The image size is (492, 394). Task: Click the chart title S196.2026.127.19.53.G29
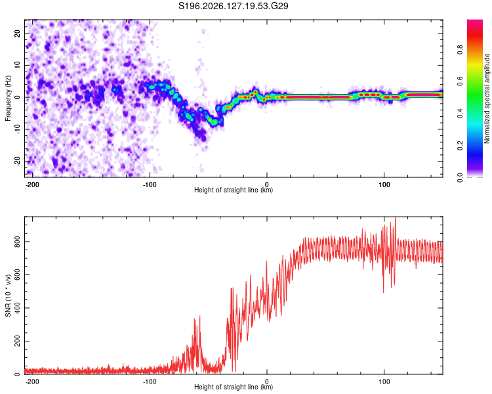pos(233,6)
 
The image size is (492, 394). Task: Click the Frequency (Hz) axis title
pos(8,98)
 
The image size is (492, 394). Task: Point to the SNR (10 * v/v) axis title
pos(8,295)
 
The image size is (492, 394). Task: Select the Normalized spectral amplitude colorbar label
pos(487,98)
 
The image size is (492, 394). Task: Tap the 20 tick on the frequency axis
pos(17,33)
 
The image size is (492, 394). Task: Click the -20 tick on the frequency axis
pos(17,162)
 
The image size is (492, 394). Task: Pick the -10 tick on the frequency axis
pos(17,129)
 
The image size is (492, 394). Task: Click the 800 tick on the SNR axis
pos(17,241)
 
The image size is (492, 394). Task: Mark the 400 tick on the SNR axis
pos(17,307)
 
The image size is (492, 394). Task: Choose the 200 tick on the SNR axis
pos(17,341)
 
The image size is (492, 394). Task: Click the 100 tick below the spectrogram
pos(384,185)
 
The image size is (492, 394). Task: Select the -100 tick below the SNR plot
pos(150,382)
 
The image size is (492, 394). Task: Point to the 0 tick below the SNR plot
pos(267,382)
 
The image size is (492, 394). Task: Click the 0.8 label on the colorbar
pos(460,49)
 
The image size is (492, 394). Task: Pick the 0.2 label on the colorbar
pos(460,146)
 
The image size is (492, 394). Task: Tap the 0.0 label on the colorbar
pos(460,177)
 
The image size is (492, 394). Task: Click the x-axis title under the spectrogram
pos(234,190)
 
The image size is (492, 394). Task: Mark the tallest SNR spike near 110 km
pos(395,218)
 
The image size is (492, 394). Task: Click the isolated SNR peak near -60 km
pos(200,317)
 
